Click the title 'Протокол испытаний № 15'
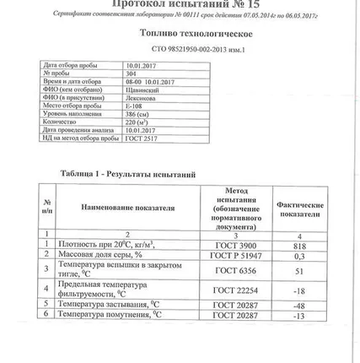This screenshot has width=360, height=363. [x=179, y=4]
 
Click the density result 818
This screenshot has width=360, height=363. [x=299, y=242]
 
